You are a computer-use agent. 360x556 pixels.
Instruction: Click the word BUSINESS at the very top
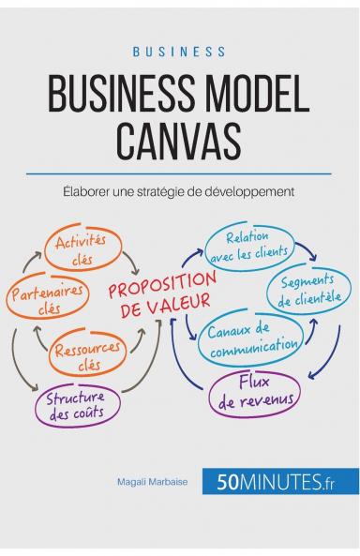[x=179, y=51]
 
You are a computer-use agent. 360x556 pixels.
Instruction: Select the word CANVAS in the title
[x=179, y=142]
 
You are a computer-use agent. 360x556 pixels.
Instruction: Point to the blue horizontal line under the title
[x=179, y=172]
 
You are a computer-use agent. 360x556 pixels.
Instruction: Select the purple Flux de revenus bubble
[x=255, y=392]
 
